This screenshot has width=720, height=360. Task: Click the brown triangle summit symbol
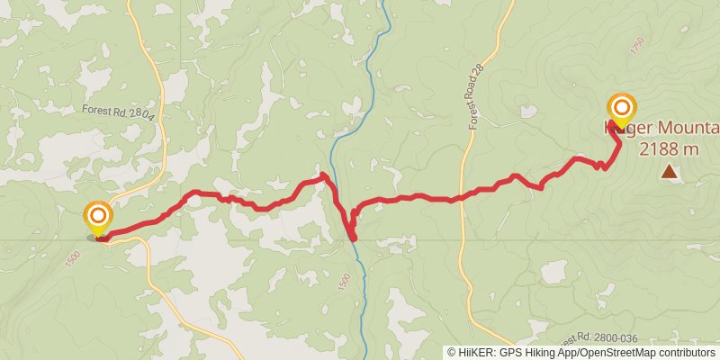pyautogui.click(x=669, y=170)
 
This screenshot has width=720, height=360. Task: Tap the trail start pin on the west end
pyautogui.click(x=97, y=217)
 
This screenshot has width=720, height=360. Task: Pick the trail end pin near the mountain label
pyautogui.click(x=621, y=108)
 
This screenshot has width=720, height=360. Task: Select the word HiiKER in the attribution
pyautogui.click(x=478, y=353)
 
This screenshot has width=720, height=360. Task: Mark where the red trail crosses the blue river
pyautogui.click(x=351, y=236)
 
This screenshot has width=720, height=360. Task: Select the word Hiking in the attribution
pyautogui.click(x=539, y=353)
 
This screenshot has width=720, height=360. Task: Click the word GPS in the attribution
pyautogui.click(x=510, y=353)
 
